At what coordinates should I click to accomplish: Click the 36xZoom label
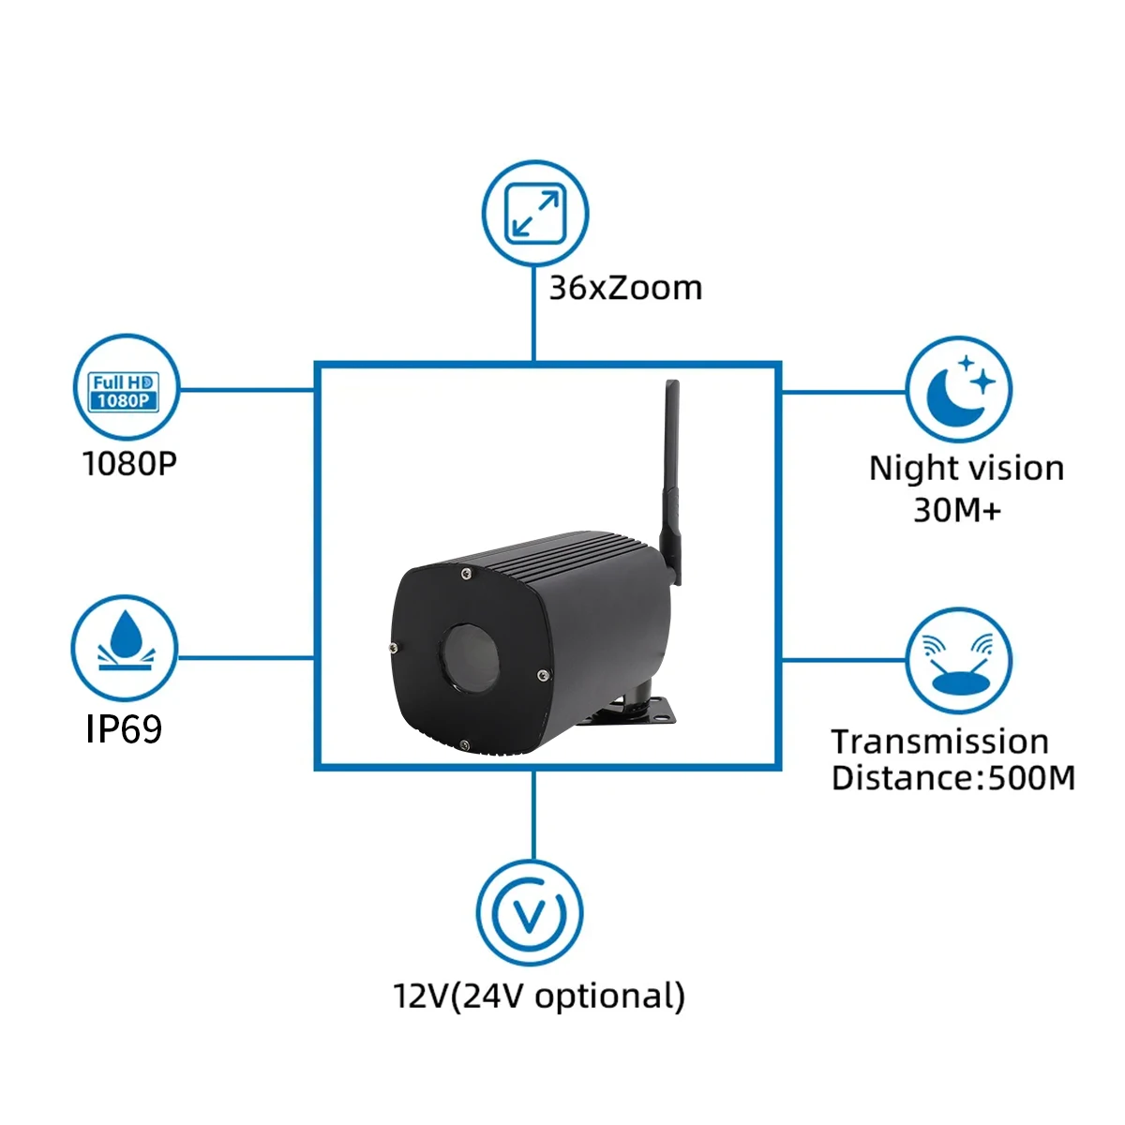pos(625,288)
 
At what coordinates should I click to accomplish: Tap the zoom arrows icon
pos(534,213)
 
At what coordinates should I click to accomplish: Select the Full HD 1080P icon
pos(125,391)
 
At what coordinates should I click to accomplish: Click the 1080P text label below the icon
pos(129,463)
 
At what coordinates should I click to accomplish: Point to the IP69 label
pos(124,728)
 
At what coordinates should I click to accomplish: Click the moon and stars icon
pos(959,389)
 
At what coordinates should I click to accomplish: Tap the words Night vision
pos(966,468)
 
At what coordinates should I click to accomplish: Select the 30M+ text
pos(956,510)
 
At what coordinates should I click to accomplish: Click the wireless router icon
pos(958,661)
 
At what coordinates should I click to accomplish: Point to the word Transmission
pos(939,742)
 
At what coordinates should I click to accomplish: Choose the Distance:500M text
pos(952,778)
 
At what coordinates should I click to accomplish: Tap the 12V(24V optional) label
pos(539,996)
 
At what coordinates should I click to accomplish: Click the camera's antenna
pos(671,469)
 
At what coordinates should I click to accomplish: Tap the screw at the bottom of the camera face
pos(464,745)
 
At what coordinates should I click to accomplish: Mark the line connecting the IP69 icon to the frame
pos(246,657)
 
